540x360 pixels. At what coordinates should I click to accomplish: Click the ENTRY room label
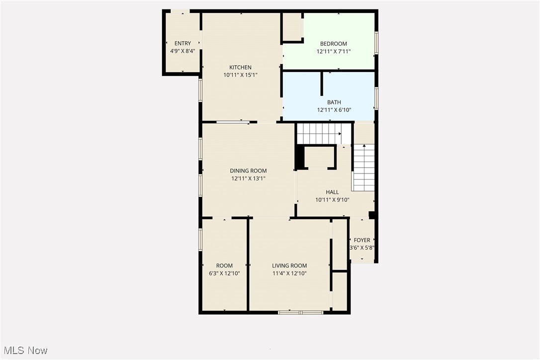tap(182, 44)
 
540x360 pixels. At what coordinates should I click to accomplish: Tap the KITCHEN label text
tap(240, 68)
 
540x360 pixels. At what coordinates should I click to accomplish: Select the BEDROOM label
tap(333, 44)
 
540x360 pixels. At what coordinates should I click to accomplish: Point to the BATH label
tap(334, 102)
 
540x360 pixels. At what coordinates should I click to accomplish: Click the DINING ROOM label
tap(248, 171)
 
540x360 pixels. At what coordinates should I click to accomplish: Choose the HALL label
tap(332, 192)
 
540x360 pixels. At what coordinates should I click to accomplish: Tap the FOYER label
tap(362, 241)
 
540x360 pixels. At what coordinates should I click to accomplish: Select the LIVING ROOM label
tap(289, 266)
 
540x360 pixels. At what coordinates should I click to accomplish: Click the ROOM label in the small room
tap(224, 266)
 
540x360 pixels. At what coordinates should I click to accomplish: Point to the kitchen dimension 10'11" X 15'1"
tap(240, 75)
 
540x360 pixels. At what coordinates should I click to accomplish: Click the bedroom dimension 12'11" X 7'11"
tap(334, 51)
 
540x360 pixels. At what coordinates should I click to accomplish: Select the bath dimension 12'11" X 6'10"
tap(334, 110)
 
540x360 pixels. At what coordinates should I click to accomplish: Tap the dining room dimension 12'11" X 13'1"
tap(248, 179)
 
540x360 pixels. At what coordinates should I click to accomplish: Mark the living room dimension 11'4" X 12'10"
tap(289, 273)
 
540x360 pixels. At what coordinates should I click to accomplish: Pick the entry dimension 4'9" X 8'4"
tap(182, 51)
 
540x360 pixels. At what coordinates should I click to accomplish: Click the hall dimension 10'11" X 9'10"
tap(333, 200)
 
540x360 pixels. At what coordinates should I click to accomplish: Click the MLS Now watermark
tap(24, 351)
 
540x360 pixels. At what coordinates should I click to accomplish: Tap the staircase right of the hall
tap(364, 168)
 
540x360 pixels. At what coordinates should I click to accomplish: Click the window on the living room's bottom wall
tap(300, 313)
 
